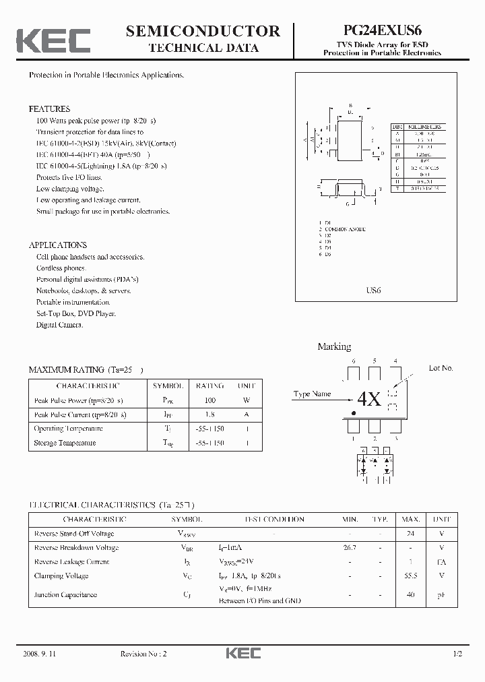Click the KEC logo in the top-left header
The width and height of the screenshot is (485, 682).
(53, 40)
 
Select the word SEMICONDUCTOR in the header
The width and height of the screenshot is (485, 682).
(203, 31)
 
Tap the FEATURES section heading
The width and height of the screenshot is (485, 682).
(49, 108)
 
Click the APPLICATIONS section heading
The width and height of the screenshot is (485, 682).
(57, 245)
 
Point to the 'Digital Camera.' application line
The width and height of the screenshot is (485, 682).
(60, 325)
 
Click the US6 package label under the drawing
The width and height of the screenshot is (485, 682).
(373, 290)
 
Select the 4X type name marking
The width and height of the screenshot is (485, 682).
(369, 399)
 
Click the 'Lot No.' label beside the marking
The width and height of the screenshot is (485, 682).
(441, 368)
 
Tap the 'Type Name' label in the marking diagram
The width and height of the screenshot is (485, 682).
(312, 394)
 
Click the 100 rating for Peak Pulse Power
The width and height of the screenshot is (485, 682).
(209, 400)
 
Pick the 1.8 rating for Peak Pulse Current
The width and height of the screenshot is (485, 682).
(209, 414)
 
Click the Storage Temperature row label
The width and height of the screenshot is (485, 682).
(65, 443)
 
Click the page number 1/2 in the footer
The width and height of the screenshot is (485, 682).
(458, 654)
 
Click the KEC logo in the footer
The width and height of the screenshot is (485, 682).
(243, 654)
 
